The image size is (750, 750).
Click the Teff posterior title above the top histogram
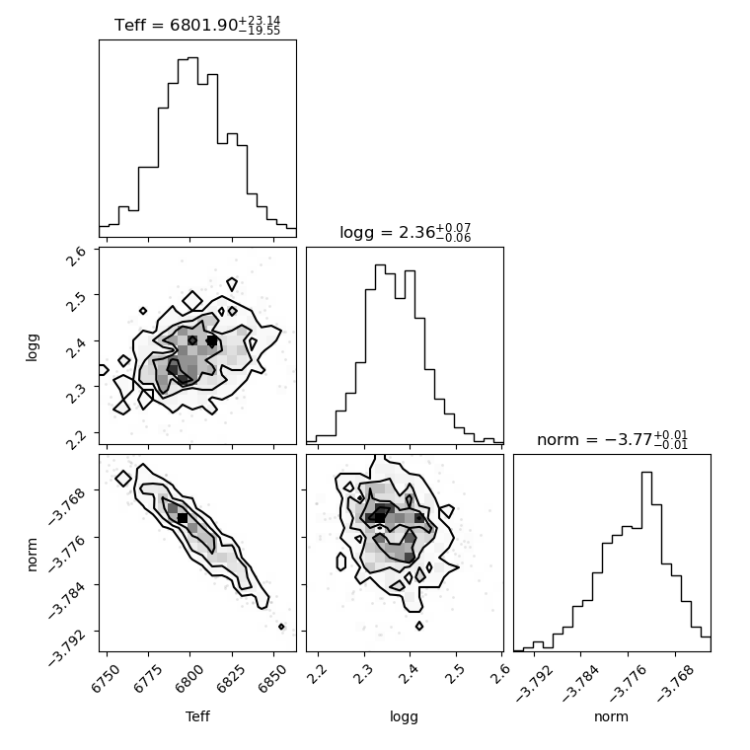point(197,25)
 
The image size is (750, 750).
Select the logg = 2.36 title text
point(406,233)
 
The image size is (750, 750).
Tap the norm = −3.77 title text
point(612,439)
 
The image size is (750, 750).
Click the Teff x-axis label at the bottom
point(197,716)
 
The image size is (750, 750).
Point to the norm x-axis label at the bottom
point(611,716)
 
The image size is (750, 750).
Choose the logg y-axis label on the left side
point(32,347)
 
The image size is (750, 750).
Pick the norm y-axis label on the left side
point(32,555)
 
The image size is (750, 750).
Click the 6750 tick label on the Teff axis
point(105,679)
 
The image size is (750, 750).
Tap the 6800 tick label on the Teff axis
point(187,679)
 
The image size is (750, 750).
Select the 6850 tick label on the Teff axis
point(271,679)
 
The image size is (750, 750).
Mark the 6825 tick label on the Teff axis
point(230,679)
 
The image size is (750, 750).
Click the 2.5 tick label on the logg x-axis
point(457,675)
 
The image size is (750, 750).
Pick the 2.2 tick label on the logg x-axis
point(318,675)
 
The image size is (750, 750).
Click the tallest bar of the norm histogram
point(646,562)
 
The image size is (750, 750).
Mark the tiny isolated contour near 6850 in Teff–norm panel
point(281,627)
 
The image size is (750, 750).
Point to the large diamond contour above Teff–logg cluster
point(192,301)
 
